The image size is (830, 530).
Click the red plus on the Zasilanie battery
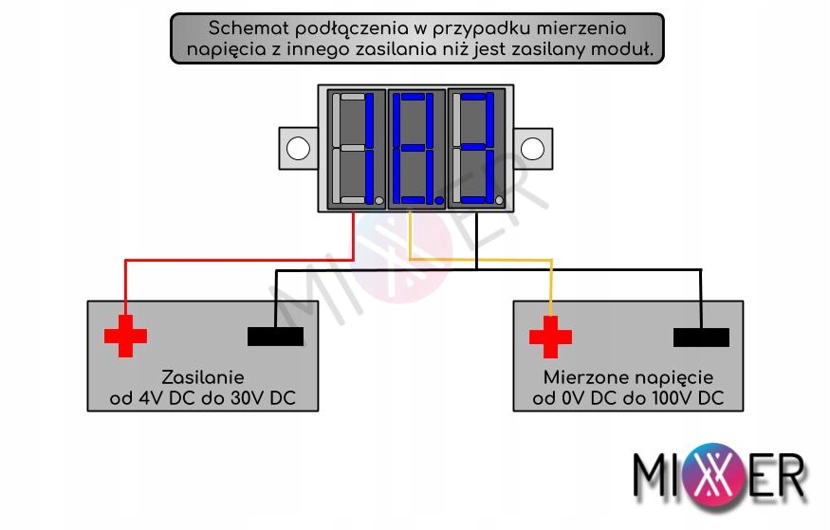tap(125, 337)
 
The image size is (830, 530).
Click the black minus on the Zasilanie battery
tap(275, 337)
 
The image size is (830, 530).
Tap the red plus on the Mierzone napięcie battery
tap(550, 337)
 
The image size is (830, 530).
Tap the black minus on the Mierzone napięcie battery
tap(701, 338)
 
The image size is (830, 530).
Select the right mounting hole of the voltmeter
tap(533, 149)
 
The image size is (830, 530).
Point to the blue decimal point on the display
tap(438, 200)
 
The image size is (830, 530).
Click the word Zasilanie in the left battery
tap(203, 376)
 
